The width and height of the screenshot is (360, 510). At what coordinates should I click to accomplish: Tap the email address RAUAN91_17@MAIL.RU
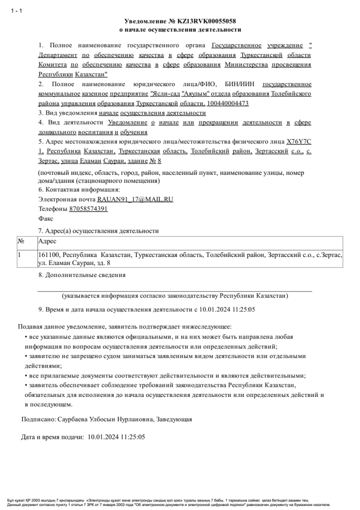tap(135, 199)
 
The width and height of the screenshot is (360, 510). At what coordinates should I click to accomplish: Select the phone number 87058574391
tap(88, 209)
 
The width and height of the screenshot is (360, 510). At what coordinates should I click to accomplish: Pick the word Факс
tap(46, 218)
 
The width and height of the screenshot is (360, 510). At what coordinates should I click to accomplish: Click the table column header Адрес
tap(47, 241)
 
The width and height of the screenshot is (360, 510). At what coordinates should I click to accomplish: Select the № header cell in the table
tap(21, 241)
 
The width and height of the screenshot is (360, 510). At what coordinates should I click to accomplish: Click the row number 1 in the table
tap(20, 255)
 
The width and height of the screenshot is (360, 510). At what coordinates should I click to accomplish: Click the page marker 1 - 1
tap(16, 11)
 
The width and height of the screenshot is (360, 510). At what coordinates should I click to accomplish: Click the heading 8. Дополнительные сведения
tap(82, 275)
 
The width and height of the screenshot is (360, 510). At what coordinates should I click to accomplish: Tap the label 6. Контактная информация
tap(79, 190)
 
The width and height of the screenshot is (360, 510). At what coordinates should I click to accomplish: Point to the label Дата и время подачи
tap(52, 437)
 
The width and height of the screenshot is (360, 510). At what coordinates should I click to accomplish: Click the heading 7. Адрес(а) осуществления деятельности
tap(99, 231)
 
